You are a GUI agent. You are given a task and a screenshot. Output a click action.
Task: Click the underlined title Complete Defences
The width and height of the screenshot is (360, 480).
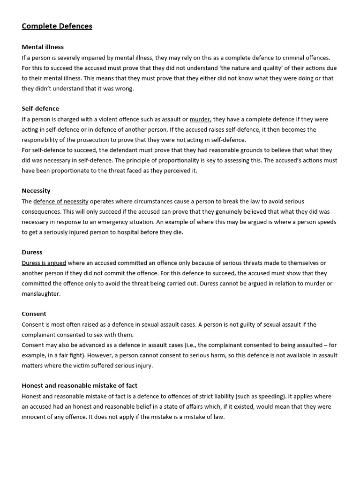click(x=57, y=26)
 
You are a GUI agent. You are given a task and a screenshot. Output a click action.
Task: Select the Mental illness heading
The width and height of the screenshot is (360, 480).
click(x=43, y=47)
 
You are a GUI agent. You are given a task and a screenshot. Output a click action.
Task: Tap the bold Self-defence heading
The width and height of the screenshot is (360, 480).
click(x=40, y=109)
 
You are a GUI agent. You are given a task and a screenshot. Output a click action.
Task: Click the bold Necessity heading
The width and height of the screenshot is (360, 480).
click(x=36, y=191)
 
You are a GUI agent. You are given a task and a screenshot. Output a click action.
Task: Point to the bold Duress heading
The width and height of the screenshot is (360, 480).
click(x=32, y=252)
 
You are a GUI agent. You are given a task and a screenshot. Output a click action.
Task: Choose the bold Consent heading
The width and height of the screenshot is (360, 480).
click(x=34, y=314)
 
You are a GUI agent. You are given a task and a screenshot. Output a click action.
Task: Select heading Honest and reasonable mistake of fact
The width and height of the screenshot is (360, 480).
click(x=79, y=386)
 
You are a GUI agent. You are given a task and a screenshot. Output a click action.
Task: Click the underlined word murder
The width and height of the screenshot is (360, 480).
click(x=200, y=119)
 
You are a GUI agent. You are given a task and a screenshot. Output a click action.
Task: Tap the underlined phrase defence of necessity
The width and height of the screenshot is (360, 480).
click(x=61, y=201)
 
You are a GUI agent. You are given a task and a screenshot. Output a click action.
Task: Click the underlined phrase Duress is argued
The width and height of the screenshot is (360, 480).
click(x=44, y=263)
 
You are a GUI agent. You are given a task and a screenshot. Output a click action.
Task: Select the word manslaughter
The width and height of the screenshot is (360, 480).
click(x=41, y=293)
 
